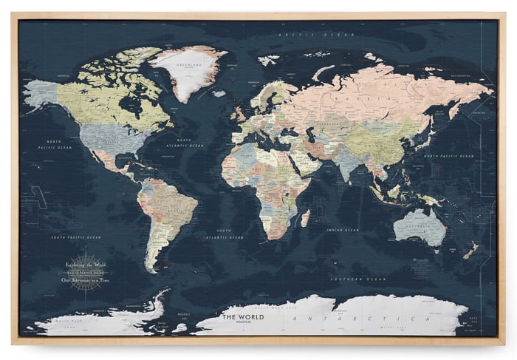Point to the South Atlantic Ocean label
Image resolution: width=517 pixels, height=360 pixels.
pos(225,234)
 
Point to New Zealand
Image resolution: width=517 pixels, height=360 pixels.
pos(470,251)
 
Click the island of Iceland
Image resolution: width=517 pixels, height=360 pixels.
pos(219,93)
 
